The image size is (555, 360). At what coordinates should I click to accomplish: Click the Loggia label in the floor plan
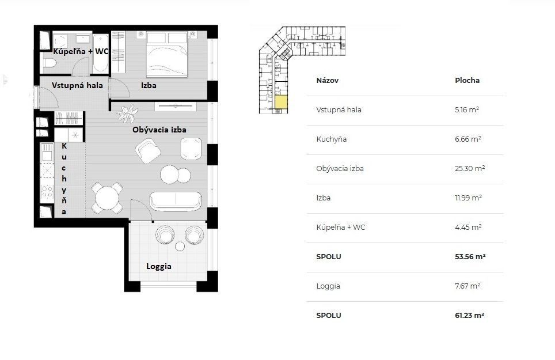click(x=158, y=267)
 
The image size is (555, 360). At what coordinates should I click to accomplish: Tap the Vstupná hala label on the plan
click(x=77, y=85)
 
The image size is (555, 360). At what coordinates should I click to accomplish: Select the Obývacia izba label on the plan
click(x=159, y=130)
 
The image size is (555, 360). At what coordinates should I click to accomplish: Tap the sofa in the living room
click(x=175, y=200)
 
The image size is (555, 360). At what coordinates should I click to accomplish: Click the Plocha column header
click(x=467, y=81)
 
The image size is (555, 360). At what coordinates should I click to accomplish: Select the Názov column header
click(x=327, y=81)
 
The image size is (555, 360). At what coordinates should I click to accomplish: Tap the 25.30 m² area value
click(x=470, y=169)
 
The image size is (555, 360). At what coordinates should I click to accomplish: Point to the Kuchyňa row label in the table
click(x=331, y=139)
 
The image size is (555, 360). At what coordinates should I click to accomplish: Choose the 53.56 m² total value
click(x=470, y=257)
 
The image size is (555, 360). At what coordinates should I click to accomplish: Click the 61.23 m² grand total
click(x=469, y=316)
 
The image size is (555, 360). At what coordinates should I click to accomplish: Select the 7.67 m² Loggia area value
click(x=467, y=286)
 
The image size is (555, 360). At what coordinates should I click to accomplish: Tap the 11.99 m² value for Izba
click(x=468, y=198)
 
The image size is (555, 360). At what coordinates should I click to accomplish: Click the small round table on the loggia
click(x=180, y=247)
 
